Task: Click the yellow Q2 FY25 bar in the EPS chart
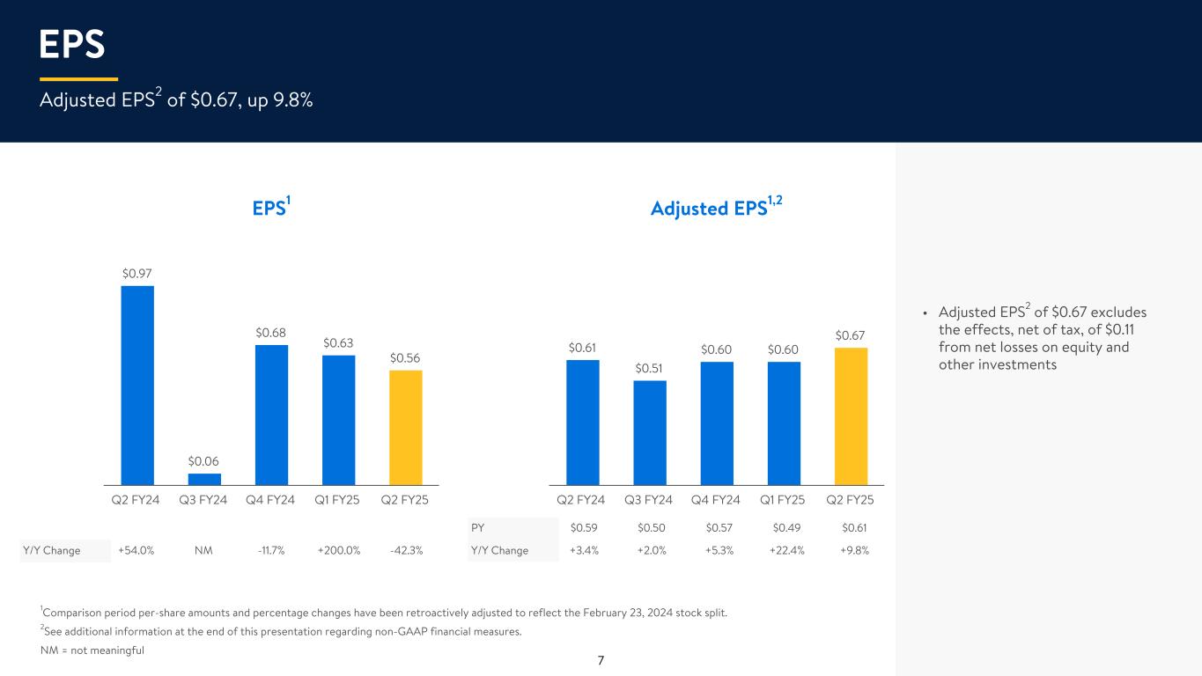[x=406, y=427]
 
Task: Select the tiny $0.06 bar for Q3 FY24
[x=204, y=479]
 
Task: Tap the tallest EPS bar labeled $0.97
[x=137, y=385]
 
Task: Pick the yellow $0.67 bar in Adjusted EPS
[x=851, y=415]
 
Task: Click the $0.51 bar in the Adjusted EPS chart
[x=650, y=432]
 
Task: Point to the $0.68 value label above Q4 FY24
[x=271, y=333]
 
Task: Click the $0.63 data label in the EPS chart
[x=338, y=342]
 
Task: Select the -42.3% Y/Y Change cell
[x=406, y=551]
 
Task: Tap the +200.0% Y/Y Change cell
[x=339, y=551]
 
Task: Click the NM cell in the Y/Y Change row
[x=204, y=551]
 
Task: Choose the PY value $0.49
[x=784, y=528]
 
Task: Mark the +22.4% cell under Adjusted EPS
[x=784, y=551]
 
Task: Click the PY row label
[x=478, y=528]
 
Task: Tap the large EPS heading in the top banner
[x=72, y=44]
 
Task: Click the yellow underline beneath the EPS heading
[x=78, y=79]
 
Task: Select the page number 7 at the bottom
[x=601, y=660]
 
